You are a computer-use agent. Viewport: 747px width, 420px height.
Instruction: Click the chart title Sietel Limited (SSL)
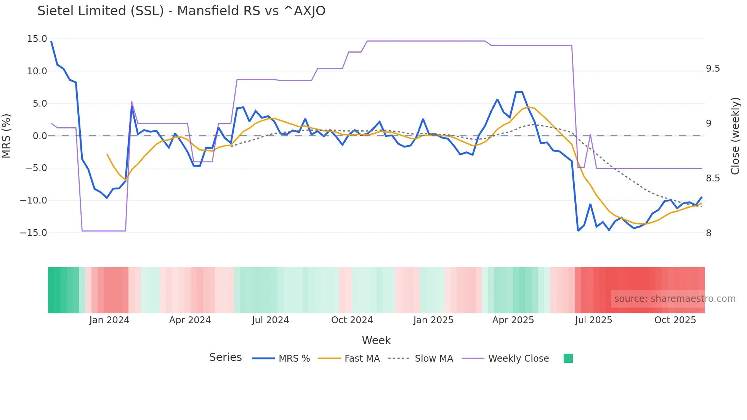click(x=181, y=11)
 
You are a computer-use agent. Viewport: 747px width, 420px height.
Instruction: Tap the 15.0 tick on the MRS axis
click(x=37, y=39)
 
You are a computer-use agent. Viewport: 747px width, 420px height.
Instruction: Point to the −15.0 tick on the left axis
click(x=34, y=233)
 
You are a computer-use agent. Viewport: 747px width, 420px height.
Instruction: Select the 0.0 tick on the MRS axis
click(x=40, y=136)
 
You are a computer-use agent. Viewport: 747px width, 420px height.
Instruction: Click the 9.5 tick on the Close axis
click(x=713, y=69)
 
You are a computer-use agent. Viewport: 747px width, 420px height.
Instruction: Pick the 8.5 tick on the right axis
click(x=713, y=178)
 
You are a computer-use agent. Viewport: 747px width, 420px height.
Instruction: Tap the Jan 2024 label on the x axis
click(x=109, y=320)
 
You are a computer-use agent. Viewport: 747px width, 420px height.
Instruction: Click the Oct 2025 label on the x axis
click(x=675, y=320)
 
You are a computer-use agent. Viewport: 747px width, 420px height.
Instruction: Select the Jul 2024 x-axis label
click(x=270, y=320)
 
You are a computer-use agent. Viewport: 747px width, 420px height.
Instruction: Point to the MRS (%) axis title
click(x=6, y=136)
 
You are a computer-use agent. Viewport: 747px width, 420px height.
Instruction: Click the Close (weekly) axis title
click(x=735, y=136)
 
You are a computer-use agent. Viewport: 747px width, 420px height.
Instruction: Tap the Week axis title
click(x=376, y=340)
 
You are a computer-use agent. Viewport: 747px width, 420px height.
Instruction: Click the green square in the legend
click(x=568, y=358)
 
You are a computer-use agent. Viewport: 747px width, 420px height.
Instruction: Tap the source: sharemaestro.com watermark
click(x=675, y=299)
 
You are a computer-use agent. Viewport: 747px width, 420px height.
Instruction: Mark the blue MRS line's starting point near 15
click(x=51, y=42)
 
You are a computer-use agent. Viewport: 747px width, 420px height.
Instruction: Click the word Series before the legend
click(x=225, y=357)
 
